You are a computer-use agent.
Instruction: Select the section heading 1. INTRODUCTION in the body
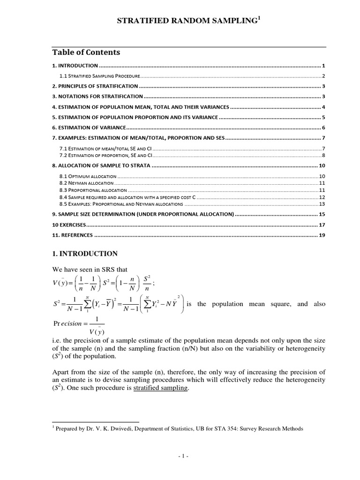84,254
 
